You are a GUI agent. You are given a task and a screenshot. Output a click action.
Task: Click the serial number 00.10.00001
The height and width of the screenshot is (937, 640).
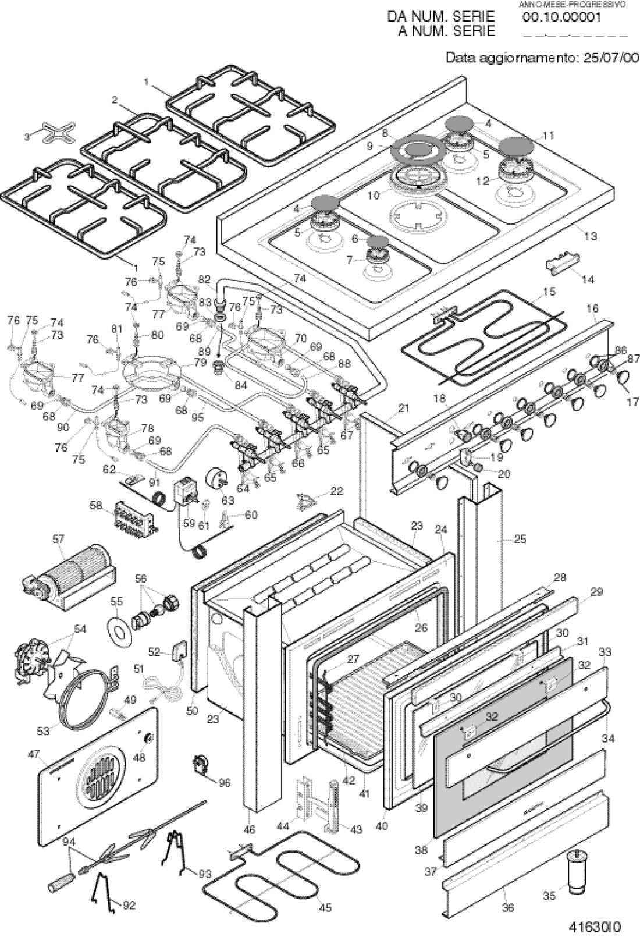click(561, 17)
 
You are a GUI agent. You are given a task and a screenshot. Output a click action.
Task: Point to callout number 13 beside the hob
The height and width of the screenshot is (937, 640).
click(590, 236)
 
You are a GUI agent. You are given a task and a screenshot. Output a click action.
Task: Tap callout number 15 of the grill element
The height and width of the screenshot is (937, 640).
click(549, 291)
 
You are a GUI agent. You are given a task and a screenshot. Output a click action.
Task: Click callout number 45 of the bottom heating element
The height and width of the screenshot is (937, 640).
click(325, 907)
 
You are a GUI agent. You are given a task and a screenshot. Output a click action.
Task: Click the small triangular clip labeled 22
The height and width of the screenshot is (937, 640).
click(307, 501)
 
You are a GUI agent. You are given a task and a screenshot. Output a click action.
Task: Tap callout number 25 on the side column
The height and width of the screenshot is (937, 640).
click(520, 539)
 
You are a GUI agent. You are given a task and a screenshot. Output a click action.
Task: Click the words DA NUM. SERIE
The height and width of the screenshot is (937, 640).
click(441, 17)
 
